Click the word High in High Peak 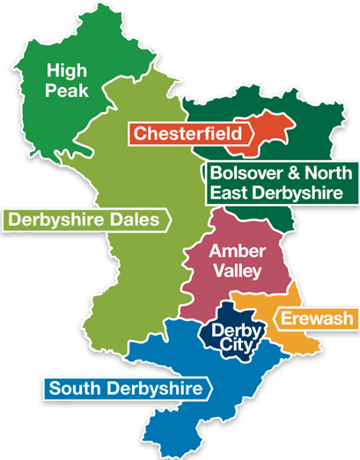pyautogui.click(x=67, y=71)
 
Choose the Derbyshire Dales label pyautogui.click(x=85, y=219)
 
